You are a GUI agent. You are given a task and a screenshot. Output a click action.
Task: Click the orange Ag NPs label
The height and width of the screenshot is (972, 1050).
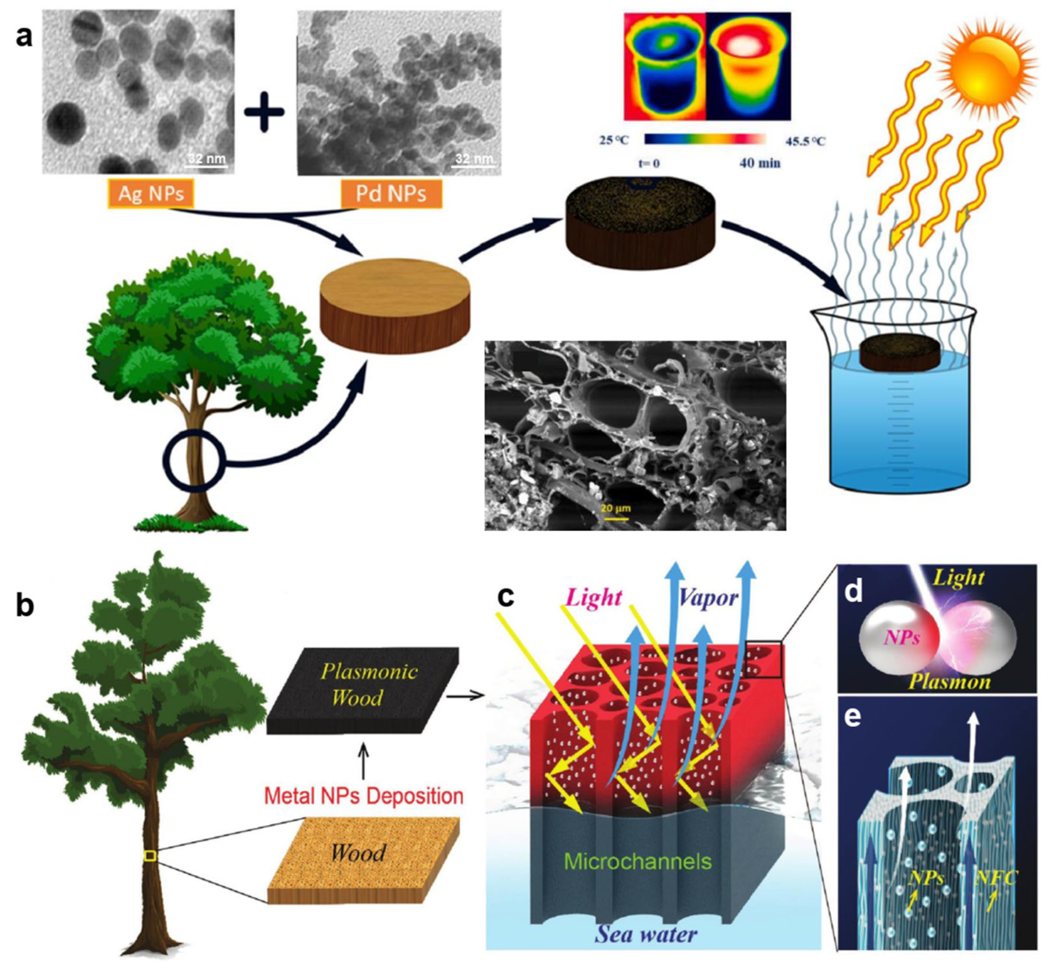(151, 194)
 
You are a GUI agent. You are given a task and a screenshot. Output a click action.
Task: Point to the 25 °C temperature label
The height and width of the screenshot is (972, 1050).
(613, 140)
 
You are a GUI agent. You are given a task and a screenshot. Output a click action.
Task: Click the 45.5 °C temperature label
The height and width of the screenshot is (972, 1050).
(805, 141)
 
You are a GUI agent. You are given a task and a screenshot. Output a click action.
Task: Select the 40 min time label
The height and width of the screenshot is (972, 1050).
(759, 163)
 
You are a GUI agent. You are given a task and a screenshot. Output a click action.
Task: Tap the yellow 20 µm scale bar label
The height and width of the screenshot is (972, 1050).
(615, 508)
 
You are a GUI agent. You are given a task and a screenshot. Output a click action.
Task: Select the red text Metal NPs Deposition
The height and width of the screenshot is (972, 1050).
(363, 796)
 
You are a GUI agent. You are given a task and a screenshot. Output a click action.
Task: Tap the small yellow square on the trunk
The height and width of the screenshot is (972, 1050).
(150, 856)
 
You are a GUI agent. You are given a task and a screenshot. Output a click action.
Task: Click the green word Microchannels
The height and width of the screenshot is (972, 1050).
(637, 862)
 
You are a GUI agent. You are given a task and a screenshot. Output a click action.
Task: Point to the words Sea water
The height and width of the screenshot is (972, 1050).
(646, 934)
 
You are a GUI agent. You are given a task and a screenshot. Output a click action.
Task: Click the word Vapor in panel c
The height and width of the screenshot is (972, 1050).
(708, 598)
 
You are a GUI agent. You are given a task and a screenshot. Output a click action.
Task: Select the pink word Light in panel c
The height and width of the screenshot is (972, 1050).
(594, 598)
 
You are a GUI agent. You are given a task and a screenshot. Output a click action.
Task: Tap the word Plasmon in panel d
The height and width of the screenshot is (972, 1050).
(949, 682)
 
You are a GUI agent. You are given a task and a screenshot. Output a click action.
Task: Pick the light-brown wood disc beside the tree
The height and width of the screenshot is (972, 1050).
(395, 305)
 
